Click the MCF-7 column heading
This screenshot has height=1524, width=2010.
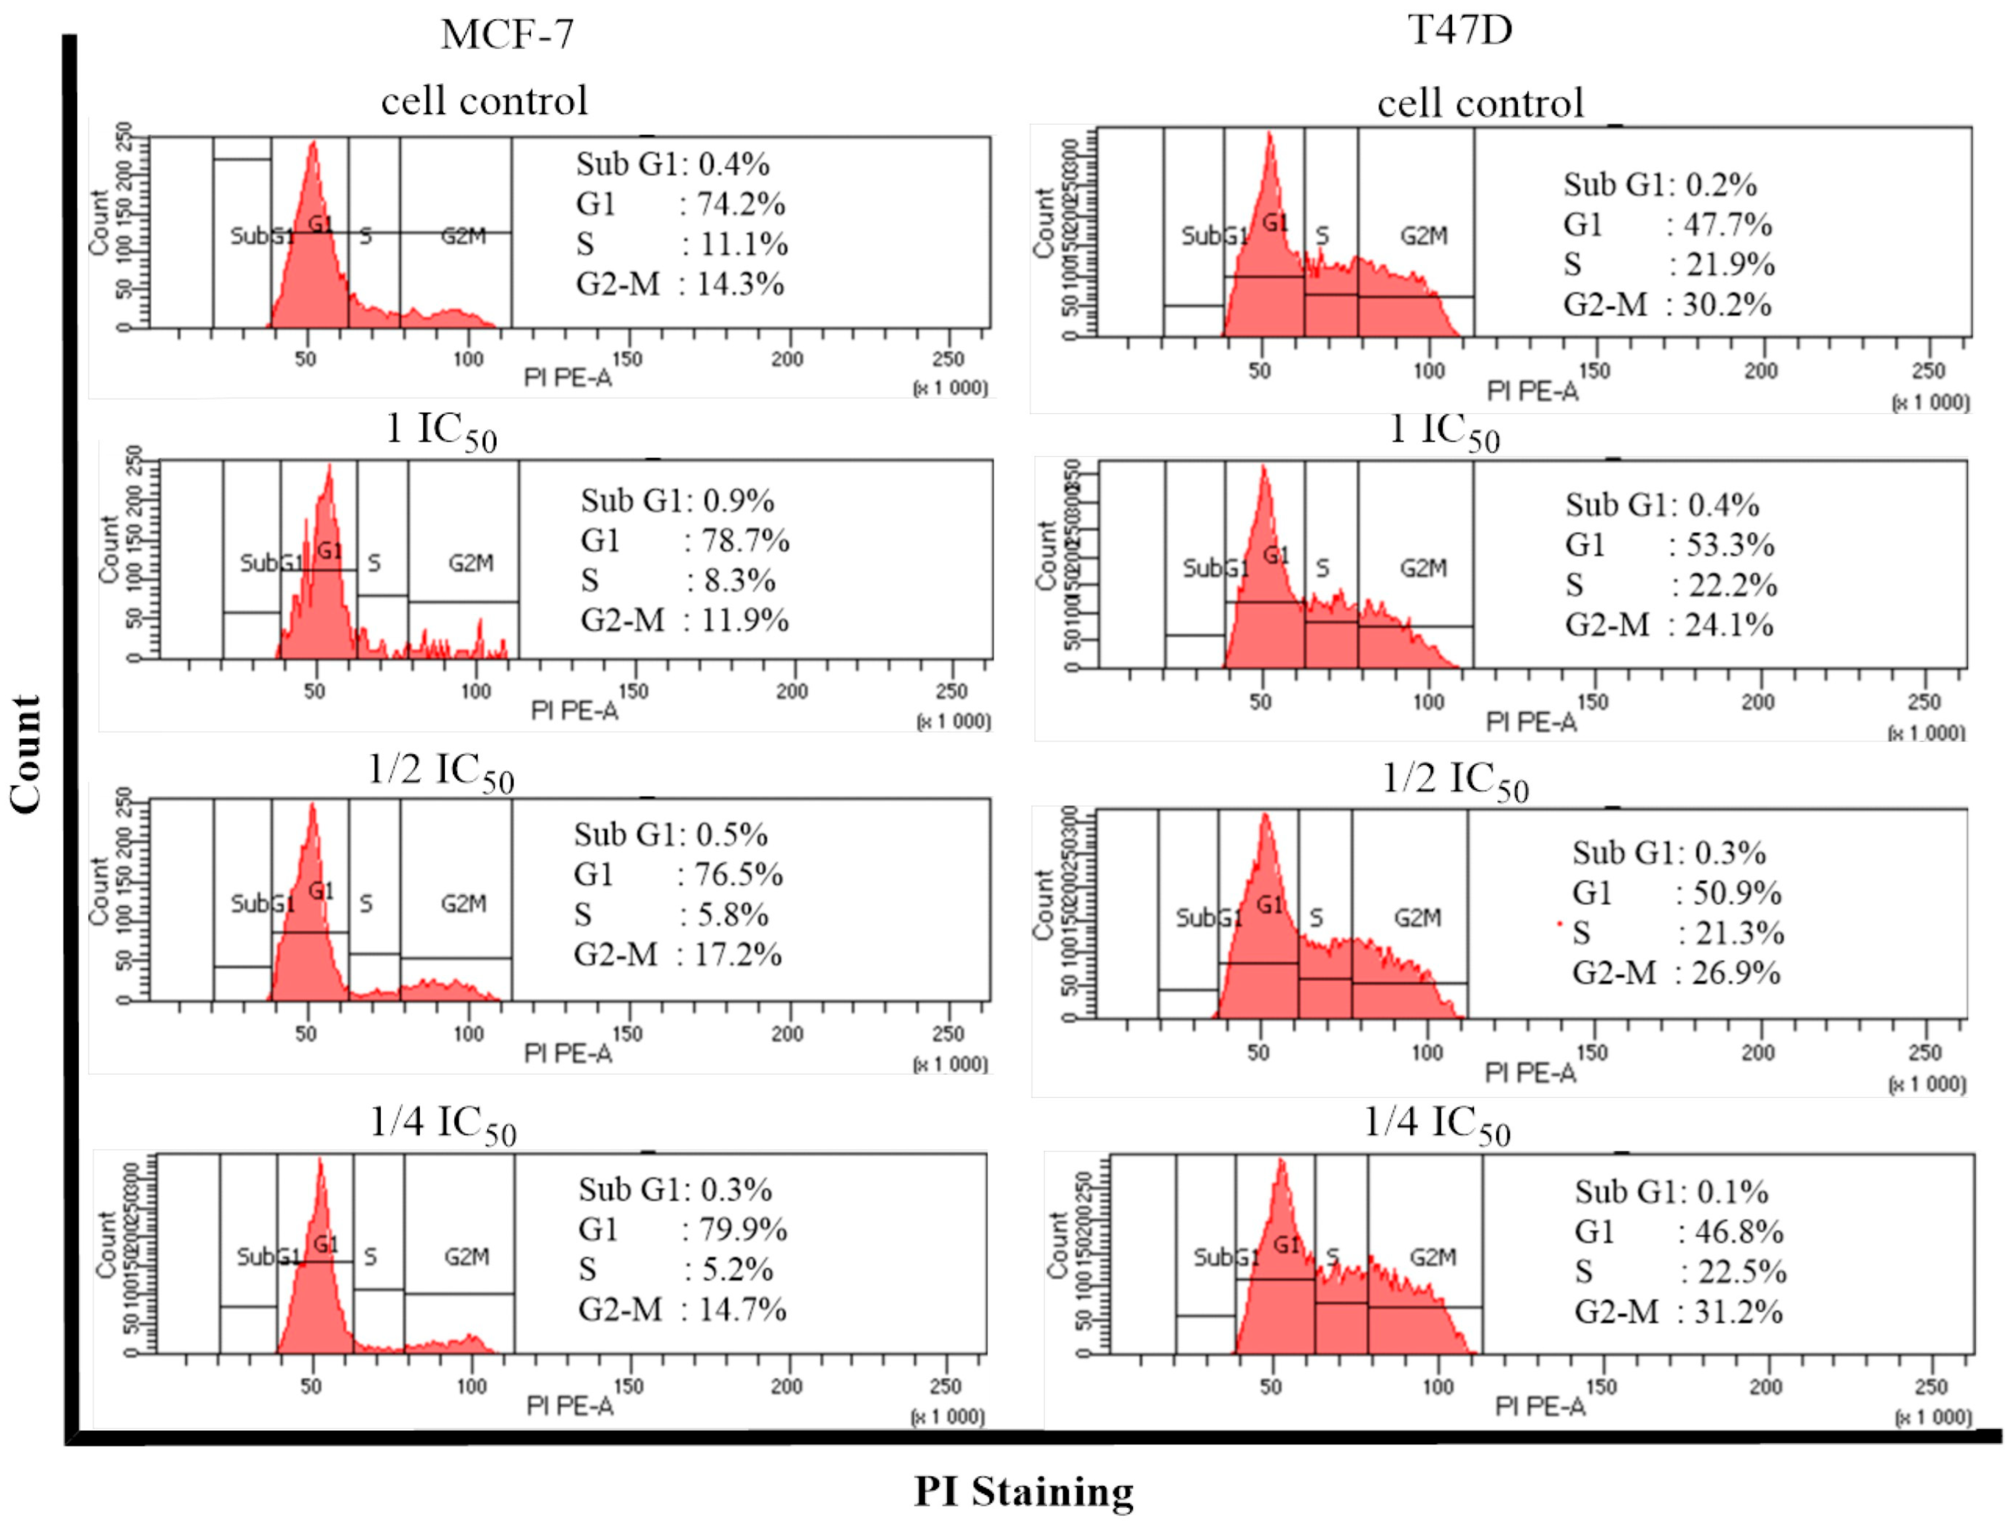point(507,35)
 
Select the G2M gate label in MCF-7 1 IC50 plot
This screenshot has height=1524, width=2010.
point(471,564)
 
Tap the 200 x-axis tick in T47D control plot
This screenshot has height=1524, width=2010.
point(1760,371)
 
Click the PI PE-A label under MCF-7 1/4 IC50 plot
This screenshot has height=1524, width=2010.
point(570,1406)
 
